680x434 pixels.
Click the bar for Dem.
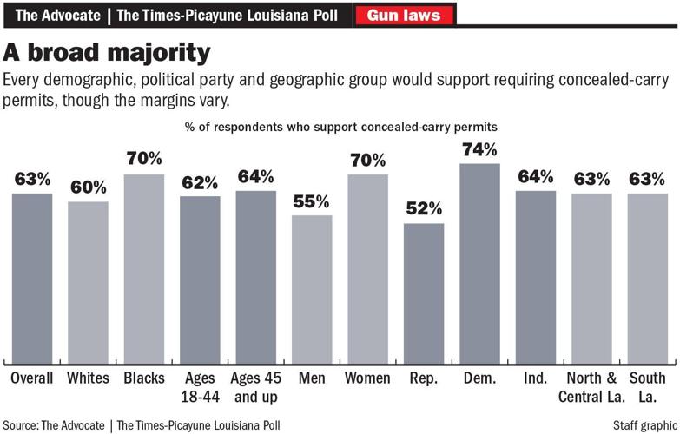(x=479, y=264)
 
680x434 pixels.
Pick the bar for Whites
(x=88, y=283)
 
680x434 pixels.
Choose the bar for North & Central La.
(x=591, y=279)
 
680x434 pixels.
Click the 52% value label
(x=423, y=208)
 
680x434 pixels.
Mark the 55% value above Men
(x=311, y=201)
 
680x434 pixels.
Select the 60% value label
(x=88, y=187)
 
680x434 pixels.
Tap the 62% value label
(x=200, y=182)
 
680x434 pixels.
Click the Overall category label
(x=32, y=378)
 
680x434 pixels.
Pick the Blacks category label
(x=144, y=378)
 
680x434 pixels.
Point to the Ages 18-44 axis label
(x=200, y=386)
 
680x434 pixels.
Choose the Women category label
(x=367, y=378)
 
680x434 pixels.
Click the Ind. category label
(x=536, y=378)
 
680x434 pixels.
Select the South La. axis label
(x=648, y=386)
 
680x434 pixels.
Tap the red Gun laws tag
(x=403, y=15)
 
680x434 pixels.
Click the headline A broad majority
(x=108, y=53)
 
